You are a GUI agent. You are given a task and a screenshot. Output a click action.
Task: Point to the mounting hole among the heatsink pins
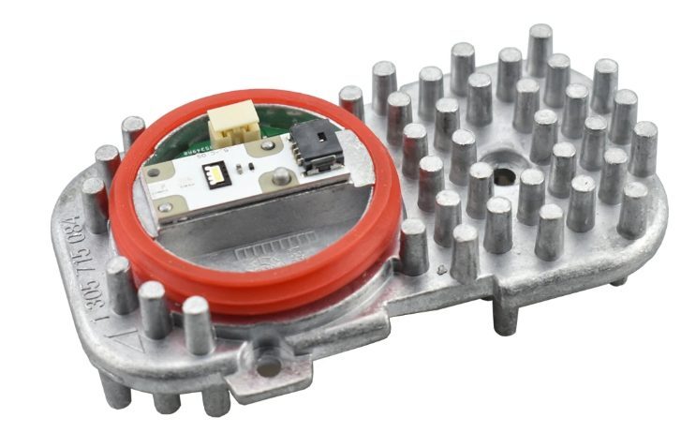click(504, 175)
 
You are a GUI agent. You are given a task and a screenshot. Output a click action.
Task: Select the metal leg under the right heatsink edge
click(506, 314)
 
